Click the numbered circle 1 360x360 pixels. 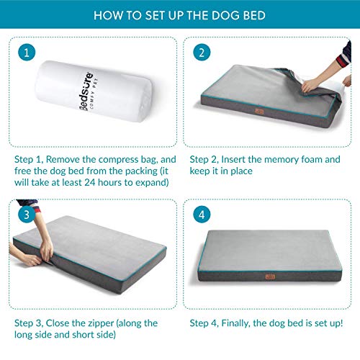[x=27, y=53]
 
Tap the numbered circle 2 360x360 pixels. [x=202, y=53]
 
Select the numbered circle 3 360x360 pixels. [x=27, y=215]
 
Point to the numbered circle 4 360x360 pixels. [x=202, y=215]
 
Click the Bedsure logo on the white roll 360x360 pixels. [x=86, y=91]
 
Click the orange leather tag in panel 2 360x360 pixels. [x=259, y=112]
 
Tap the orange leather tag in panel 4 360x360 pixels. [x=270, y=276]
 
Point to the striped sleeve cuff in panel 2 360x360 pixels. [x=343, y=60]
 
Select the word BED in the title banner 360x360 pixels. [x=254, y=15]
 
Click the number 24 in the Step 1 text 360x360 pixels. [x=90, y=182]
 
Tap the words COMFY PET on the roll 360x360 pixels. [x=94, y=93]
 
